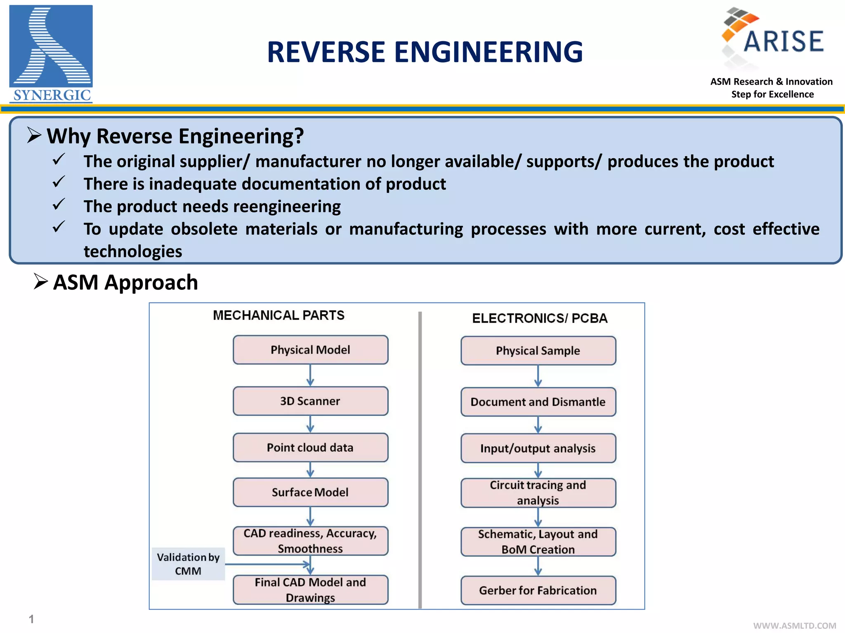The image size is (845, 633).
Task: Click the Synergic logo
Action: [51, 54]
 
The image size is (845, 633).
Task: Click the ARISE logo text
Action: [783, 41]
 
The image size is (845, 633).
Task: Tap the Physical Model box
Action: [310, 350]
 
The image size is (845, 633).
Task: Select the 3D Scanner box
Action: [310, 401]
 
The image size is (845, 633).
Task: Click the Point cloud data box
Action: [310, 448]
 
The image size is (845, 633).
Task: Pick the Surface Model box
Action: [310, 492]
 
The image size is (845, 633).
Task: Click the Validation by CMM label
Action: [188, 564]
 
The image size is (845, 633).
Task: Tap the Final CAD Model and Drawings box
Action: [310, 590]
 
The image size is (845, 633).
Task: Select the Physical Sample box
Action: [538, 351]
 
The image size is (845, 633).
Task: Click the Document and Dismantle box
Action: [538, 402]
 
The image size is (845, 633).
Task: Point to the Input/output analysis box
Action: [538, 448]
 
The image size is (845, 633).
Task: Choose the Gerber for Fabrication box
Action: [538, 591]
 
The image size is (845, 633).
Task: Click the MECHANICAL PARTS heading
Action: [279, 315]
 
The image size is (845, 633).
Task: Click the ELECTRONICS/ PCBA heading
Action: [540, 318]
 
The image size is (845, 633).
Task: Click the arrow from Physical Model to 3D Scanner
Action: [310, 375]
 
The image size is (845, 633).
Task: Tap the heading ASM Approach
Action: [125, 283]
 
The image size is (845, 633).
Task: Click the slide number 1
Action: [31, 619]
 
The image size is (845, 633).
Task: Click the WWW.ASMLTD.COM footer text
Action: [795, 626]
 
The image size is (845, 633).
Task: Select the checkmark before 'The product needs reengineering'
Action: [59, 204]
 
